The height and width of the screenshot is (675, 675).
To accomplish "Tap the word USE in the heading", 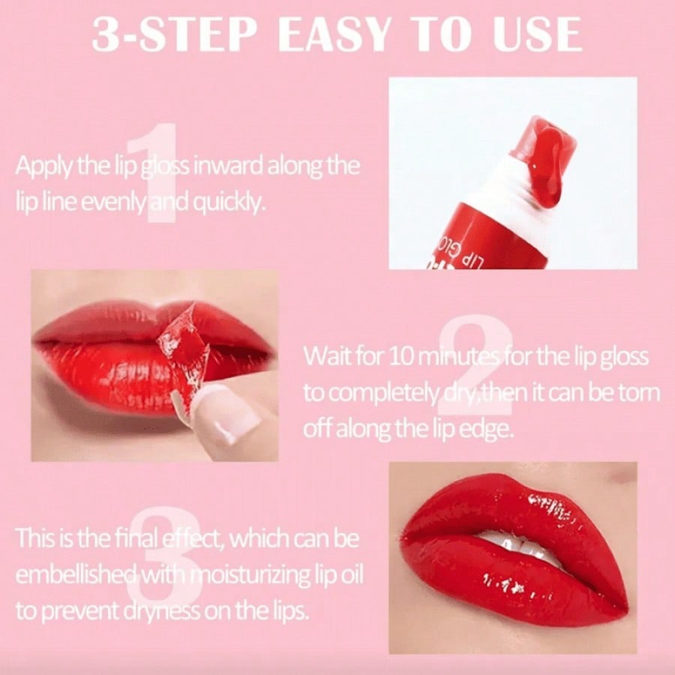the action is [537, 34].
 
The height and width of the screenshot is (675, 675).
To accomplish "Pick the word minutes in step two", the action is [459, 357].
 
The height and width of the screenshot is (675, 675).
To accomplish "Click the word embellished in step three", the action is [76, 574].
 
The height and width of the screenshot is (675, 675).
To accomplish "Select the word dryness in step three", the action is [162, 611].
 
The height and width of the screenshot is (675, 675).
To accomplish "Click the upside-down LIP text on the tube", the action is [472, 260].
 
